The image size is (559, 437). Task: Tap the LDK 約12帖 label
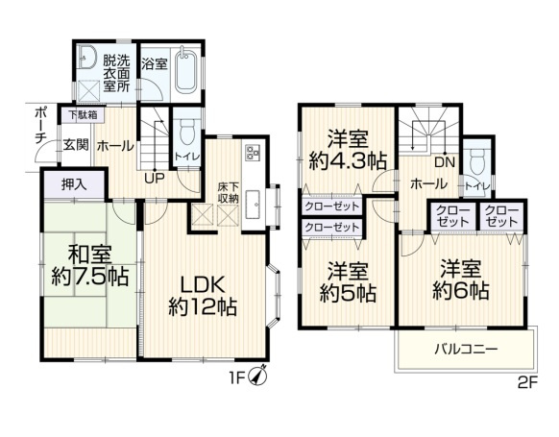click(x=203, y=296)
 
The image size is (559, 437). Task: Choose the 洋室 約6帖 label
click(x=460, y=277)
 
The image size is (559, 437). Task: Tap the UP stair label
click(x=153, y=177)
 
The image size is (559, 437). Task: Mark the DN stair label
click(x=443, y=162)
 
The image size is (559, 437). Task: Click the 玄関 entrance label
click(x=76, y=146)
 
